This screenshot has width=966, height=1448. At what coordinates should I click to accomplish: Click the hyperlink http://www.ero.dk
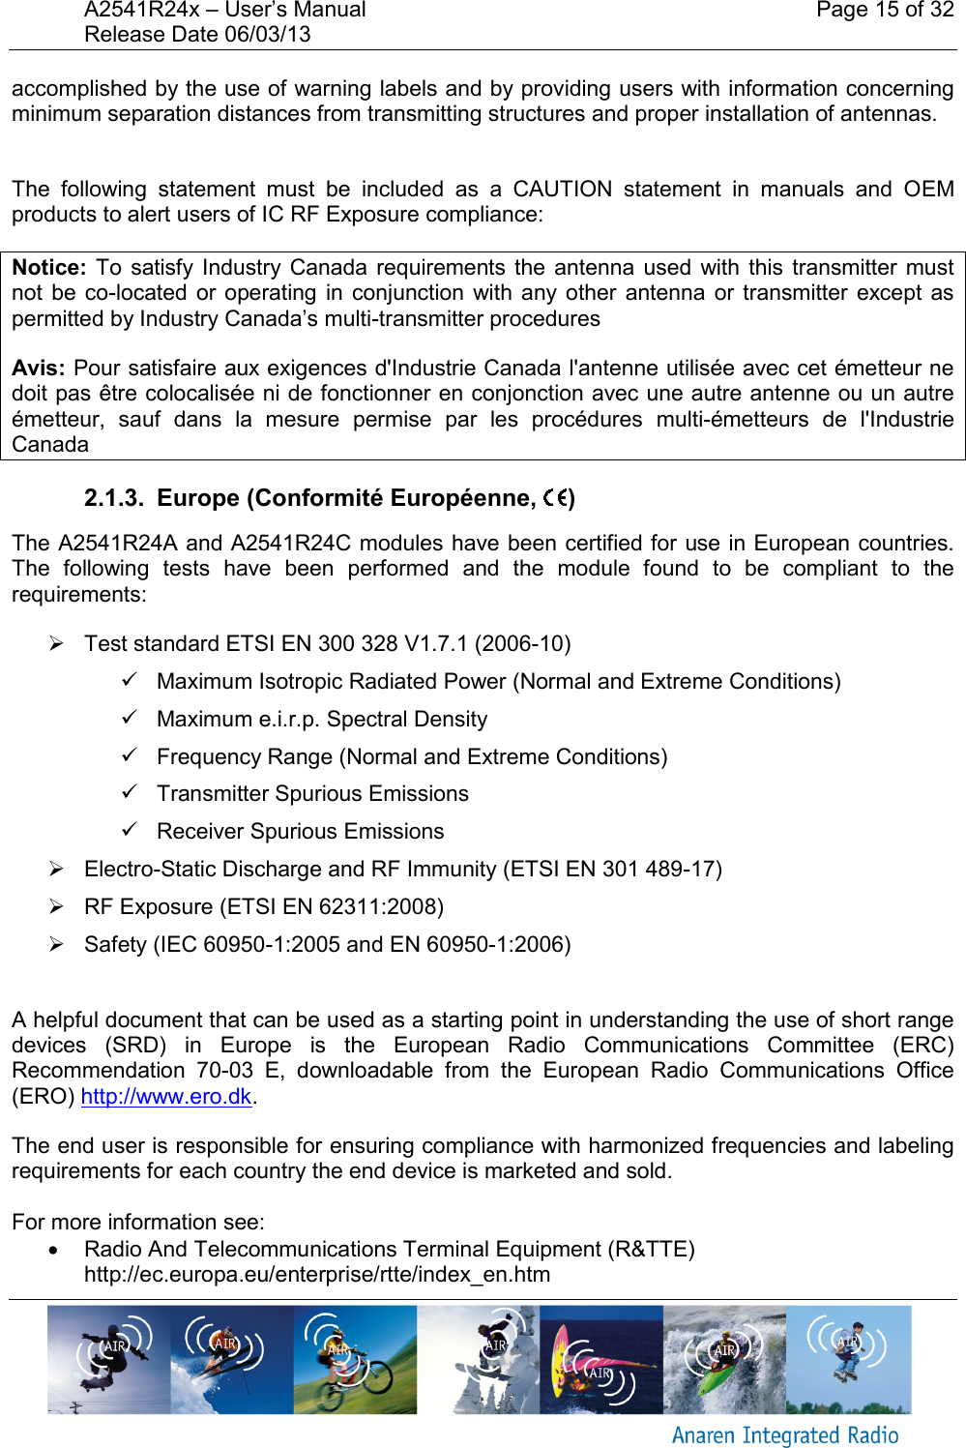pyautogui.click(x=165, y=1097)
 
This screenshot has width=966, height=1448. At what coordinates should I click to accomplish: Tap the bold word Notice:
pyautogui.click(x=49, y=268)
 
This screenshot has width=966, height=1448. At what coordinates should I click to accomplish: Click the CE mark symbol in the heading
pyautogui.click(x=555, y=498)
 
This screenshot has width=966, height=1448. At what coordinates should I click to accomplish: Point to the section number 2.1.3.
pyautogui.click(x=113, y=498)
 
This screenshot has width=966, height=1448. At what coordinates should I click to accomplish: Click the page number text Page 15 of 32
pyautogui.click(x=884, y=11)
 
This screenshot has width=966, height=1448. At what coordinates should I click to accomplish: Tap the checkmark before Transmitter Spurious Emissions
pyautogui.click(x=131, y=793)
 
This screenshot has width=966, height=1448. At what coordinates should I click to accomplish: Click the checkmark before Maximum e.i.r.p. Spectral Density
pyautogui.click(x=131, y=719)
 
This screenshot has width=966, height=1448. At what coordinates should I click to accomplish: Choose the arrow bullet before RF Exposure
pyautogui.click(x=57, y=906)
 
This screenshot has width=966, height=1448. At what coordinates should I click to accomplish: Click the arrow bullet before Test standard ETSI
pyautogui.click(x=57, y=643)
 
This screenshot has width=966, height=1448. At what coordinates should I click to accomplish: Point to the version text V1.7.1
pyautogui.click(x=436, y=644)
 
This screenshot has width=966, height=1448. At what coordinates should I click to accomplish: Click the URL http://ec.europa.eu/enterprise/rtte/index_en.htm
pyautogui.click(x=317, y=1275)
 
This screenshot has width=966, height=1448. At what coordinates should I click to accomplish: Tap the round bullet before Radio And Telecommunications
pyautogui.click(x=56, y=1250)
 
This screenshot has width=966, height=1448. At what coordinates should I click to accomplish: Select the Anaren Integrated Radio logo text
pyautogui.click(x=784, y=1435)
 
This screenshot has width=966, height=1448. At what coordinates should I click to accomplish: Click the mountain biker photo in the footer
pyautogui.click(x=355, y=1359)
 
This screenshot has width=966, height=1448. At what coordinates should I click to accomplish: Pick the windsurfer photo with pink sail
pyautogui.click(x=600, y=1359)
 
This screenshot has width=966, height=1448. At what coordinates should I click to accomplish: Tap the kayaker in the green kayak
pyautogui.click(x=724, y=1359)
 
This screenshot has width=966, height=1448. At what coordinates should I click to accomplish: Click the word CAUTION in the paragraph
pyautogui.click(x=562, y=190)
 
